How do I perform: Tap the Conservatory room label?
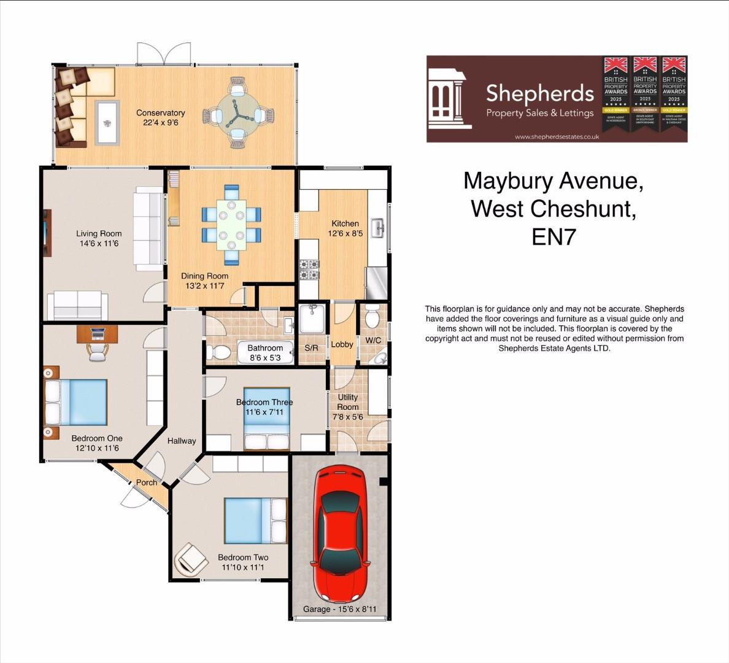(x=160, y=113)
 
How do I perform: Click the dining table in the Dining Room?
(x=231, y=223)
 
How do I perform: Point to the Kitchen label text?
(x=345, y=223)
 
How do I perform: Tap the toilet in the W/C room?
(x=372, y=318)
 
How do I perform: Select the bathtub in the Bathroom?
(x=264, y=352)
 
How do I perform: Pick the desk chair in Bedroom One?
(x=97, y=351)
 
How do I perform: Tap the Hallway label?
(x=182, y=441)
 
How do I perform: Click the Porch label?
(x=146, y=483)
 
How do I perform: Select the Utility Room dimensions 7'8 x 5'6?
(x=347, y=417)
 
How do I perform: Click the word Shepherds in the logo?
(x=540, y=93)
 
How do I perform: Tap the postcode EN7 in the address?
(x=554, y=236)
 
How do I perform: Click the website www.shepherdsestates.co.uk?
(x=557, y=137)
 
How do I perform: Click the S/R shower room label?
(x=311, y=348)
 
